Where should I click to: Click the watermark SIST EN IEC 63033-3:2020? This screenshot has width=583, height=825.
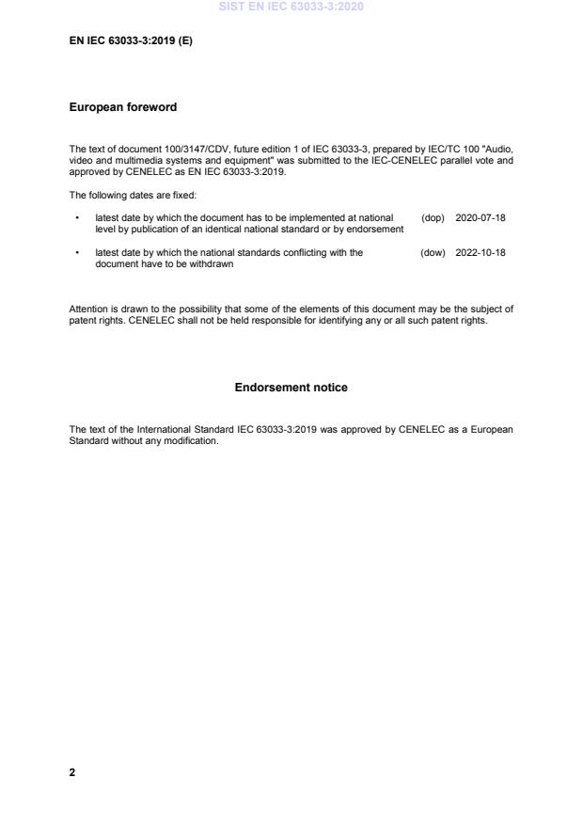(x=291, y=7)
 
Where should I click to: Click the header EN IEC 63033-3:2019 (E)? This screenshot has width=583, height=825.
(x=131, y=42)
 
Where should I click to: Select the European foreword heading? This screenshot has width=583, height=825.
(x=123, y=107)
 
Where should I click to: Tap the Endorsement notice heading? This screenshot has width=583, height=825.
(x=291, y=388)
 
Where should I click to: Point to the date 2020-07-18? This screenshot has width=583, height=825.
(x=481, y=217)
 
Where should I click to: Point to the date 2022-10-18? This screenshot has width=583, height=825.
(x=481, y=252)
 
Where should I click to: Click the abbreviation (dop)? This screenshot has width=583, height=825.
(x=433, y=217)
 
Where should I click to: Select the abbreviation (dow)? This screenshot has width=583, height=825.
(x=433, y=252)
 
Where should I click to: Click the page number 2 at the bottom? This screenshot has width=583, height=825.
(x=72, y=772)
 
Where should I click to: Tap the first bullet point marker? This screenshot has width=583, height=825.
(x=76, y=217)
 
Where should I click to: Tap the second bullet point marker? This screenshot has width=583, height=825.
(x=76, y=252)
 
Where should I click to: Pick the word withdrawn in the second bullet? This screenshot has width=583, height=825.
(x=212, y=264)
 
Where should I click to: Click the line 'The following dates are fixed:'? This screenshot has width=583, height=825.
(x=133, y=195)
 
